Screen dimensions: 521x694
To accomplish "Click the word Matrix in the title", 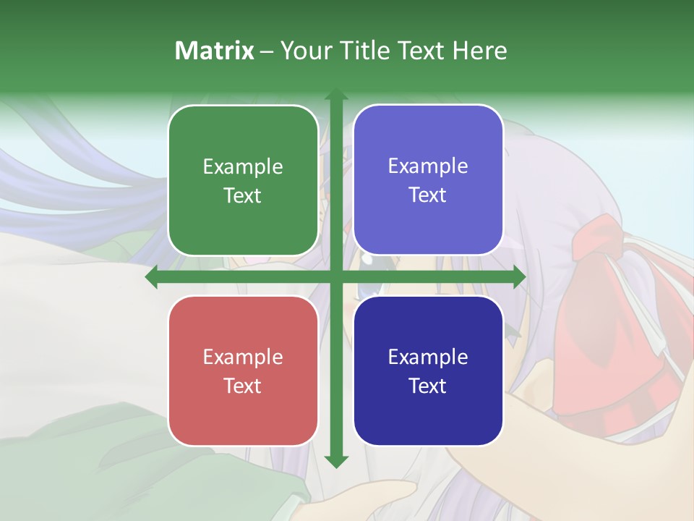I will (215, 51).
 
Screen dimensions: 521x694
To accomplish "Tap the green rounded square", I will (243, 180).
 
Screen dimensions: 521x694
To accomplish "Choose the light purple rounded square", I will (428, 180).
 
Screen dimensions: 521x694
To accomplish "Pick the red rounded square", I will (243, 370).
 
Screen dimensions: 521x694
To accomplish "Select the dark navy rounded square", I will (428, 370).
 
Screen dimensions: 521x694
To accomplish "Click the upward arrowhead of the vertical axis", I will (335, 95).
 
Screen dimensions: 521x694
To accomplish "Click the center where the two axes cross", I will (335, 277).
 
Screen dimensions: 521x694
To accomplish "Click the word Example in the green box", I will (243, 167).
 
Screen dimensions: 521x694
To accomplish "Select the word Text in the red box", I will (243, 386).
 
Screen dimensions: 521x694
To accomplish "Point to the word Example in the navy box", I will (428, 357).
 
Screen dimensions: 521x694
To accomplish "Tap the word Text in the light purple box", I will (428, 195).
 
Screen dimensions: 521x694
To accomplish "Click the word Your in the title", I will (304, 51).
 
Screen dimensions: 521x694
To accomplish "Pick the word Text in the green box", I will (243, 195).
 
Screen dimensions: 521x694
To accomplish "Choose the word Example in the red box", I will (243, 357).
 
